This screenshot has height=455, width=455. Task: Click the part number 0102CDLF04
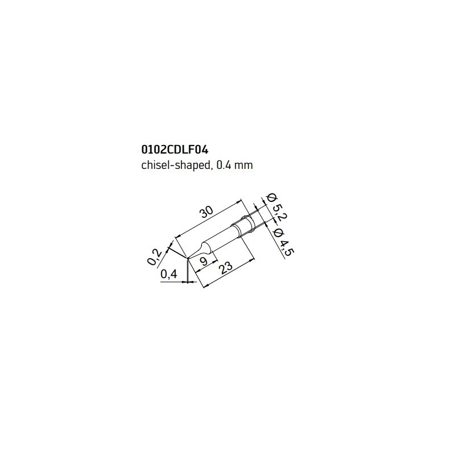[175, 150]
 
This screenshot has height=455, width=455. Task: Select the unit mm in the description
[244, 166]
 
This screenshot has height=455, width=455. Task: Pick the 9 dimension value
[204, 261]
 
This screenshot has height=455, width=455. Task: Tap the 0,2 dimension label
[154, 257]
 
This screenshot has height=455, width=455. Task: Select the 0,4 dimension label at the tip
[168, 274]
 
